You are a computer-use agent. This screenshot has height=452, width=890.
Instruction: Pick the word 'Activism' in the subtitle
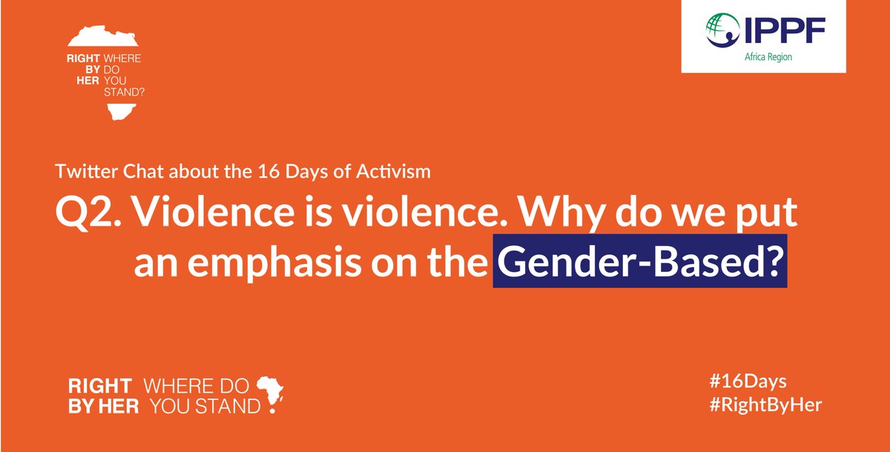click(399, 172)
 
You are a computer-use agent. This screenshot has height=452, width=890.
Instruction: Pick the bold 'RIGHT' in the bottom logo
click(100, 385)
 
